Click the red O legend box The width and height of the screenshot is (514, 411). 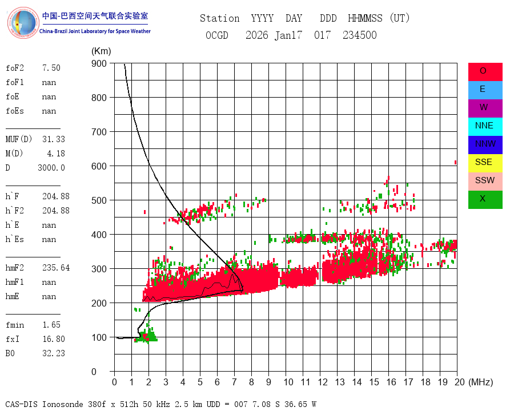pos(485,71)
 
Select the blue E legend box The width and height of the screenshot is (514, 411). pos(485,90)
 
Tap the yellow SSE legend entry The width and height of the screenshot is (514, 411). pos(485,163)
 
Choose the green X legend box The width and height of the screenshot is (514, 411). pos(485,199)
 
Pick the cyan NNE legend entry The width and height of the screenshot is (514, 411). pos(485,126)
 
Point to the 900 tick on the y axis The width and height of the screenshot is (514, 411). pos(99,63)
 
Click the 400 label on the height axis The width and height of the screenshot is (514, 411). pos(99,235)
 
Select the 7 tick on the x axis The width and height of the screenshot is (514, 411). pos(234,382)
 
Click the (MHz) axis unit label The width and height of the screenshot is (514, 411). pos(480,382)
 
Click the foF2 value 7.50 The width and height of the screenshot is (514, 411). pos(51,68)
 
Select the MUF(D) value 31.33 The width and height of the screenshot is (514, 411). pos(53,139)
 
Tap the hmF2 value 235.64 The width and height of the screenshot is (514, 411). pos(55,268)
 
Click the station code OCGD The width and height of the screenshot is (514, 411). pos(216,35)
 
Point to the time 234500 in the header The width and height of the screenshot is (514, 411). pos(359,35)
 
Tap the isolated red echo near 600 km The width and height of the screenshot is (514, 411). pos(455,163)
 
